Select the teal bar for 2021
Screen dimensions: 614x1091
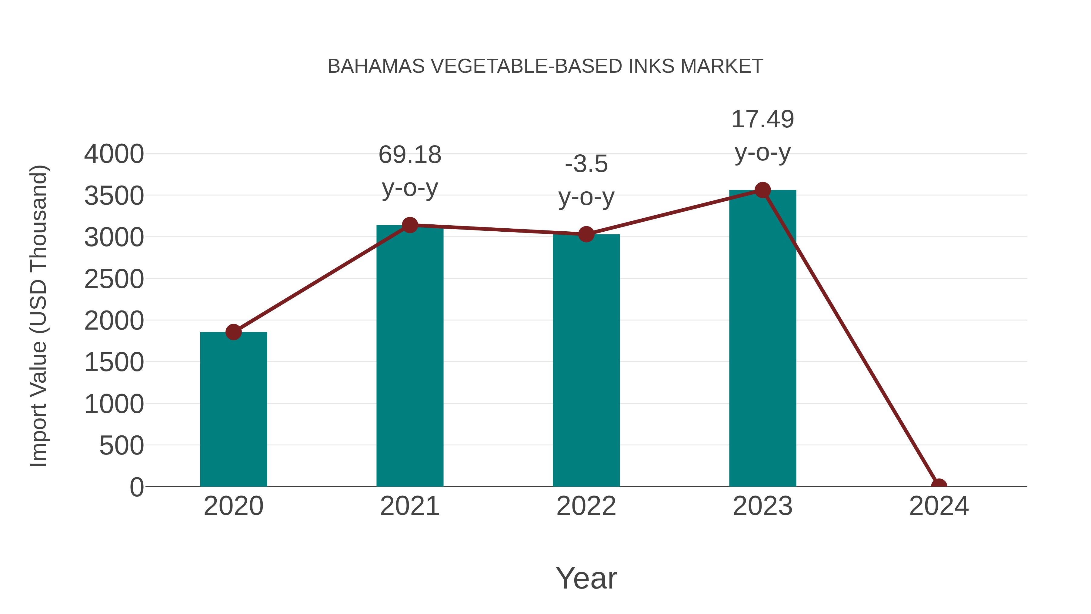pyautogui.click(x=409, y=356)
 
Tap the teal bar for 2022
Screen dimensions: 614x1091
pyautogui.click(x=586, y=360)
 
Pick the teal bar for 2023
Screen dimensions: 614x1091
pyautogui.click(x=762, y=339)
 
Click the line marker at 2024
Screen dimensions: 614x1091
pyautogui.click(x=939, y=486)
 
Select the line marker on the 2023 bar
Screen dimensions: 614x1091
pyautogui.click(x=762, y=190)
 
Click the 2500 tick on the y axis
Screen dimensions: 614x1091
pyautogui.click(x=114, y=279)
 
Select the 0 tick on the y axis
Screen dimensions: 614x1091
pyautogui.click(x=136, y=487)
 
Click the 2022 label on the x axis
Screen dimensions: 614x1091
pyautogui.click(x=586, y=506)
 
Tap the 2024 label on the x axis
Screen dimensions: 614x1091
pyautogui.click(x=939, y=506)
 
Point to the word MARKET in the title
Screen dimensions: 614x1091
pyautogui.click(x=721, y=66)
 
